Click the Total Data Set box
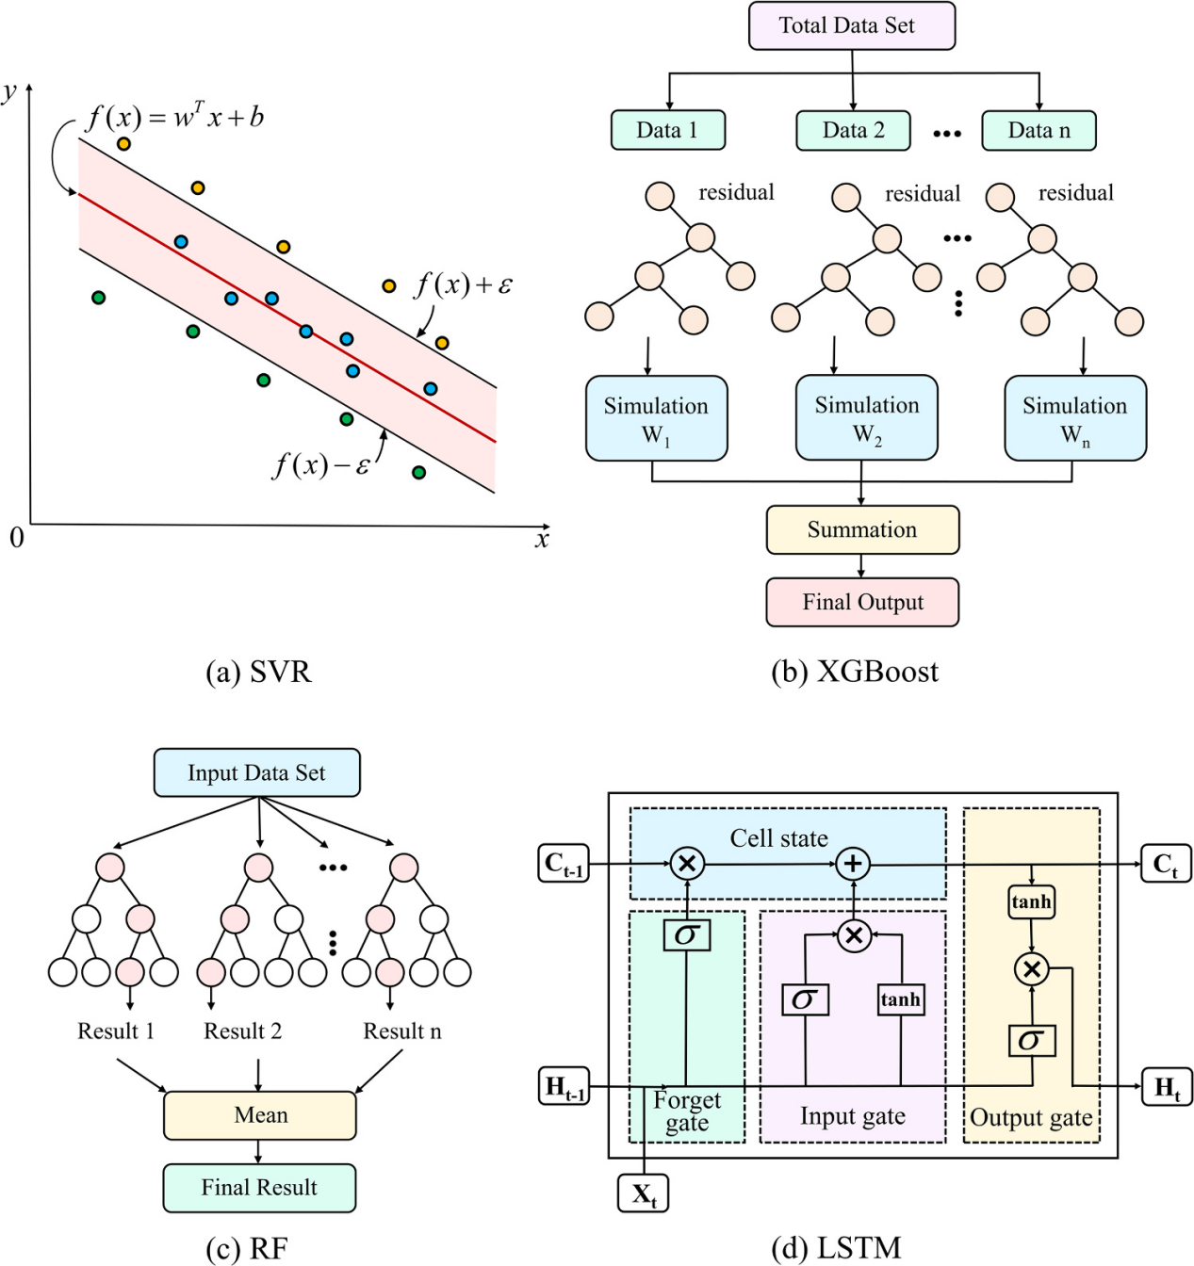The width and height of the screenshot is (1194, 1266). coord(852,25)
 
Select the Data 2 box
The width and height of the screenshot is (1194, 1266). coord(853,130)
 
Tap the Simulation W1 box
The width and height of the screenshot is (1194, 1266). coord(656,418)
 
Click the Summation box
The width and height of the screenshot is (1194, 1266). coord(862,529)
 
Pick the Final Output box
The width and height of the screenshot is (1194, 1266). coord(862,603)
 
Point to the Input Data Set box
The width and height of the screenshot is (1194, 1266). coord(257,772)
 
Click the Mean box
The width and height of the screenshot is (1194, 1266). coord(260,1115)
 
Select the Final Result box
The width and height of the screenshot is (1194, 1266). coord(259,1188)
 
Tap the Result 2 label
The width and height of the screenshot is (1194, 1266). coord(242,1031)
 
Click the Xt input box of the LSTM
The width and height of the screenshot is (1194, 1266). coord(643,1193)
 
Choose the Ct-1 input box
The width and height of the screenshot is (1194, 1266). coord(564,864)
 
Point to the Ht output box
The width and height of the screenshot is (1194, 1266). coord(1167,1085)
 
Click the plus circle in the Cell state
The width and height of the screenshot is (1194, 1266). coord(853,864)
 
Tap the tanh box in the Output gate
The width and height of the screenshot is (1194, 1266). coord(1031,902)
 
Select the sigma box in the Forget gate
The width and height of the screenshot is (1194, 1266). coord(687,935)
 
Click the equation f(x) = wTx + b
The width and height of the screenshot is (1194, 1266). coord(174,117)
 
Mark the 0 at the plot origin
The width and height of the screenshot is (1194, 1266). coord(17,538)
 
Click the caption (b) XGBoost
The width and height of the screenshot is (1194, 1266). coord(855,672)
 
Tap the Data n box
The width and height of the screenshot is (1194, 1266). coord(1039,130)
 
